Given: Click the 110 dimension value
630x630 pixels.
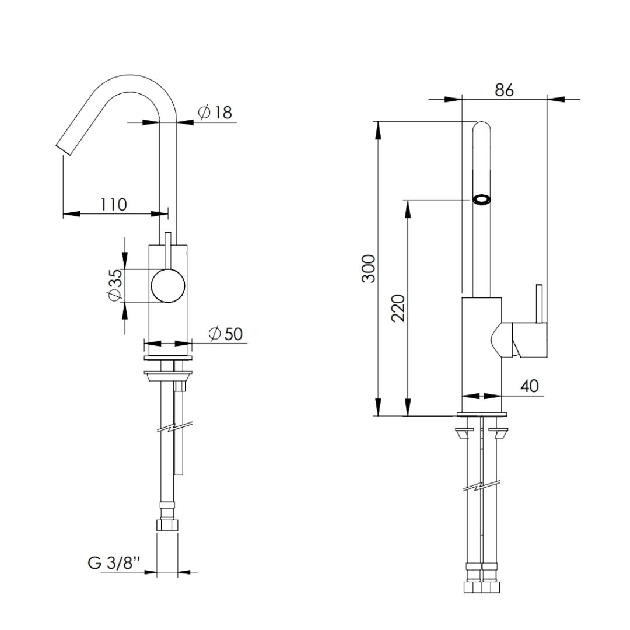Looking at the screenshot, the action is tap(113, 205).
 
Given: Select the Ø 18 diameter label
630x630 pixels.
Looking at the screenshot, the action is tap(215, 113).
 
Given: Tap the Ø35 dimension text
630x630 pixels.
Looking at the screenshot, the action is tap(115, 285).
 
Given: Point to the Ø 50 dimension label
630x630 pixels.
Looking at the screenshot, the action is tap(226, 334).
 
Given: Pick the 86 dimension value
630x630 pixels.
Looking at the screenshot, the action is tap(504, 90).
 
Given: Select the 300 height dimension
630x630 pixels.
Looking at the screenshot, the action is tap(369, 269).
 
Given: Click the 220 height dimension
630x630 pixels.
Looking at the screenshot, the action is tap(398, 309).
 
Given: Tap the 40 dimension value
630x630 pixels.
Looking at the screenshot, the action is tap(529, 386).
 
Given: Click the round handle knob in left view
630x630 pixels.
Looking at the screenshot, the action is tap(168, 286).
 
